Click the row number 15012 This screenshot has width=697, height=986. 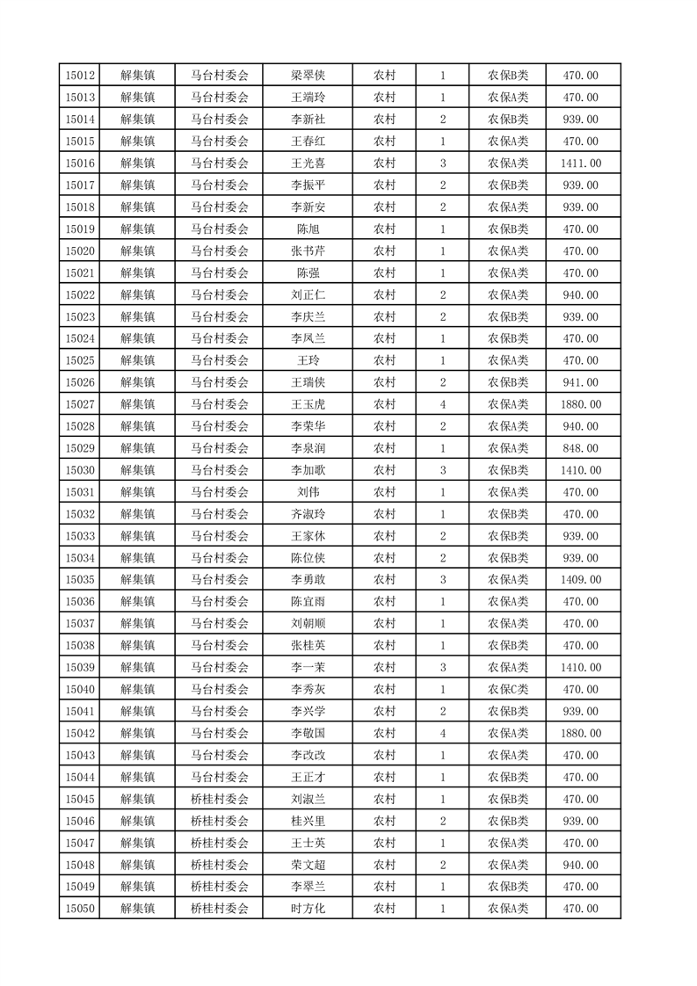(80, 76)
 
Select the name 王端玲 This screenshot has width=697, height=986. (309, 98)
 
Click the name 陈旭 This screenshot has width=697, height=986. (309, 229)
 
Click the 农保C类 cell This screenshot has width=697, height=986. (508, 689)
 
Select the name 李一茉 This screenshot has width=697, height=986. (309, 667)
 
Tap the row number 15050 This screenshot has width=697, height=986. (80, 909)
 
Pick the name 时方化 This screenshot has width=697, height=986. (309, 909)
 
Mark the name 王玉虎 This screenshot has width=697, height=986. (309, 404)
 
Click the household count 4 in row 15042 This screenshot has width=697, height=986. (443, 733)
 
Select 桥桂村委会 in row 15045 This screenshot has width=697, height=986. (220, 799)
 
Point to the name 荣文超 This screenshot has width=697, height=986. (309, 865)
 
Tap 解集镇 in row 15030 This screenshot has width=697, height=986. (138, 470)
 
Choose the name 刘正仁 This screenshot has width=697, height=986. (309, 295)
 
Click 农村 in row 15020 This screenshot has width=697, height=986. (384, 251)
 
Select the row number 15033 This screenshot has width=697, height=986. (80, 536)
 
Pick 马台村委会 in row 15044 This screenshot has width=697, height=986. (220, 777)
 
